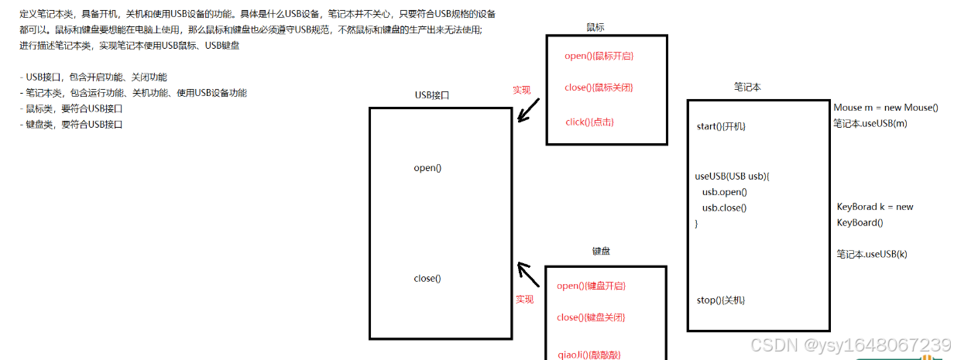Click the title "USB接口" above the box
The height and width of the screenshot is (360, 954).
coord(432,95)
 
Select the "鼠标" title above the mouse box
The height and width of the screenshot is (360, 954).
coord(595,27)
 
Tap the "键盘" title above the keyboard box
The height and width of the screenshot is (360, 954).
coord(602,251)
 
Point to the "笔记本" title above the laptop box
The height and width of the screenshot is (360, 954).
coord(747,87)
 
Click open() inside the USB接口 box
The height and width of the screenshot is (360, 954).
coord(427,167)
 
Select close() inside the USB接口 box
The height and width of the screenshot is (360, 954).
coord(427,279)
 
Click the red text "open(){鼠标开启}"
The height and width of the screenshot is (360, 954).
coord(604,56)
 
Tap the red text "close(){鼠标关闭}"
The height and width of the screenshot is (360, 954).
coord(604,87)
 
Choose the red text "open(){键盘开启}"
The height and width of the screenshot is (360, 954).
coord(591,286)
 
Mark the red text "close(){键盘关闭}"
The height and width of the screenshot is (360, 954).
coord(591,317)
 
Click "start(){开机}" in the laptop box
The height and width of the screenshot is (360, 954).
coord(721,126)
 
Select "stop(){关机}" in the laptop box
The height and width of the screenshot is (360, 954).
coord(721,300)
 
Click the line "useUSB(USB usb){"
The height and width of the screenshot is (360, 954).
coord(732,176)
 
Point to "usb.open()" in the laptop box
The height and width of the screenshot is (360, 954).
coord(724,192)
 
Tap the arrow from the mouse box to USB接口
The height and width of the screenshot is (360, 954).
coord(529,111)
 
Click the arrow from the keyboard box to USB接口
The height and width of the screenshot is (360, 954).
coord(528,274)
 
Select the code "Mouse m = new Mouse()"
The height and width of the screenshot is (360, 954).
coord(886,108)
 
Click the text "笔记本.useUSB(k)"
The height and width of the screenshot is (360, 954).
coord(871,254)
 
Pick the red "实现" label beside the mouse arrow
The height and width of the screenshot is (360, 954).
coord(522,90)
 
